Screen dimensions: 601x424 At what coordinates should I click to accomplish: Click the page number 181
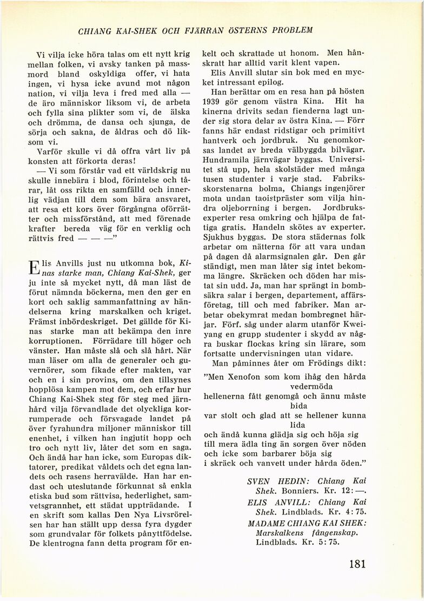(x=357, y=564)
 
